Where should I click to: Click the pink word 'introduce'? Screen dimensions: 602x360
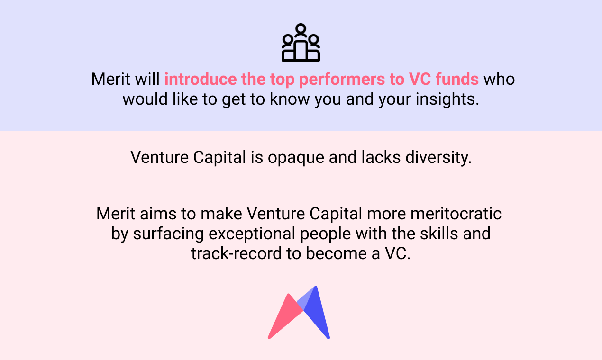pos(201,79)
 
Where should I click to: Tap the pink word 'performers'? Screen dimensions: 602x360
pos(342,80)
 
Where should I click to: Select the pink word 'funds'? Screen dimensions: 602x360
pos(457,79)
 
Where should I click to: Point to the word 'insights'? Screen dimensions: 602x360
pos(447,99)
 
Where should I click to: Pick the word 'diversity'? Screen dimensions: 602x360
pos(438,157)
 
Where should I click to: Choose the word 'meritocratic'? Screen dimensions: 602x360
pos(456,214)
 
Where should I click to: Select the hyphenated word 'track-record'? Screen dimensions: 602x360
pos(236,253)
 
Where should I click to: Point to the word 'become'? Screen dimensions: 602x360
pos(336,253)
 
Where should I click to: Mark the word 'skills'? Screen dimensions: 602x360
pos(439,234)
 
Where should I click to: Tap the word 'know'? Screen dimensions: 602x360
pos(290,99)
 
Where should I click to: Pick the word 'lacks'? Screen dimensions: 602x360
pos(381,157)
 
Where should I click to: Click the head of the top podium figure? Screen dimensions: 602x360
pos(301,29)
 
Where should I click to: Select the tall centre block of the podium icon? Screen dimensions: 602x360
pos(301,51)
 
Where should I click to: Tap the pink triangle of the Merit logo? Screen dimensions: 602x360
pos(285,317)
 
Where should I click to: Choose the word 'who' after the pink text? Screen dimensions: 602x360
pos(499,79)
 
